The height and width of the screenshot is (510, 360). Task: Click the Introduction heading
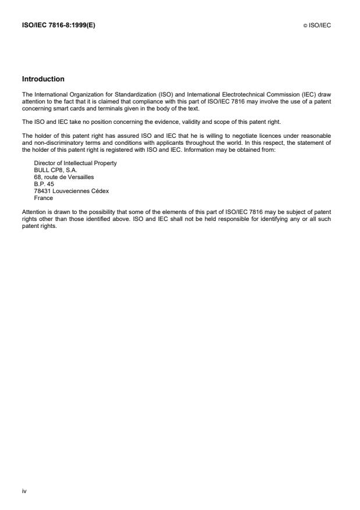click(x=43, y=79)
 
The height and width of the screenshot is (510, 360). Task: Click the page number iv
click(x=24, y=491)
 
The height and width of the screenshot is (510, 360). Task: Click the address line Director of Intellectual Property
click(x=76, y=163)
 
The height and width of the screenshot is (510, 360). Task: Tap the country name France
click(x=44, y=197)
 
